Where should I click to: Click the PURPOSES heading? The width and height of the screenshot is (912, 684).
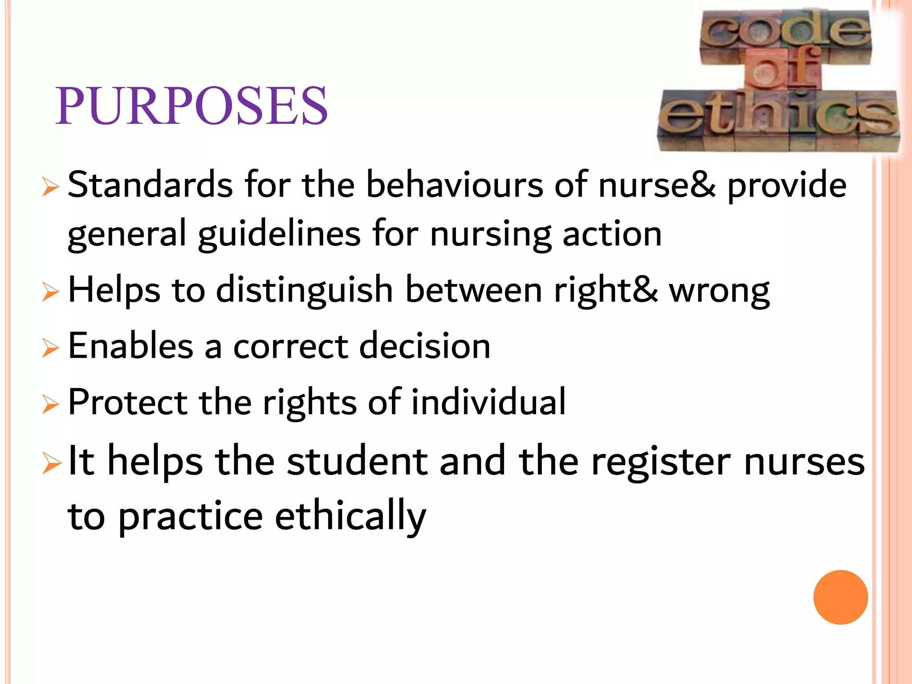pyautogui.click(x=191, y=106)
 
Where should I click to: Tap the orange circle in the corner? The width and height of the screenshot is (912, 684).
pyautogui.click(x=840, y=597)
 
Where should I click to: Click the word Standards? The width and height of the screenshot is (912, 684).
pyautogui.click(x=150, y=185)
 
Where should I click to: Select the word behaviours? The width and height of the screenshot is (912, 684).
pyautogui.click(x=454, y=185)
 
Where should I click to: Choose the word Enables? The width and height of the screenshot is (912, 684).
pyautogui.click(x=131, y=346)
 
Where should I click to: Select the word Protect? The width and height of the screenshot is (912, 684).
pyautogui.click(x=128, y=402)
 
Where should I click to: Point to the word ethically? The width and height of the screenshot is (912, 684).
pyautogui.click(x=350, y=517)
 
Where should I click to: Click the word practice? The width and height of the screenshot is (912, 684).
pyautogui.click(x=191, y=517)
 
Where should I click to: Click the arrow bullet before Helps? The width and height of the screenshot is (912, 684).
pyautogui.click(x=50, y=292)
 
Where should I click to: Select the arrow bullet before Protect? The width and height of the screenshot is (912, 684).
pyautogui.click(x=50, y=404)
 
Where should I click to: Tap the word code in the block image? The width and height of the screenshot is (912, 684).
pyautogui.click(x=785, y=31)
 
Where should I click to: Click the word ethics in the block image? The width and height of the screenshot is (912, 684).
pyautogui.click(x=778, y=116)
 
